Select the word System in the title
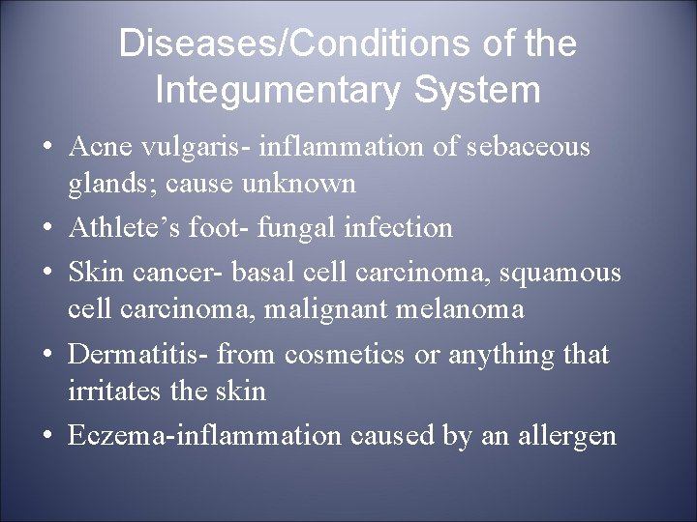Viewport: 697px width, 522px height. tap(487, 90)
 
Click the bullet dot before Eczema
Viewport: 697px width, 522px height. tap(46, 436)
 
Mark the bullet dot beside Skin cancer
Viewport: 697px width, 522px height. tap(46, 274)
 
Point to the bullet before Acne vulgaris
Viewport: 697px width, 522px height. tap(46, 148)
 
